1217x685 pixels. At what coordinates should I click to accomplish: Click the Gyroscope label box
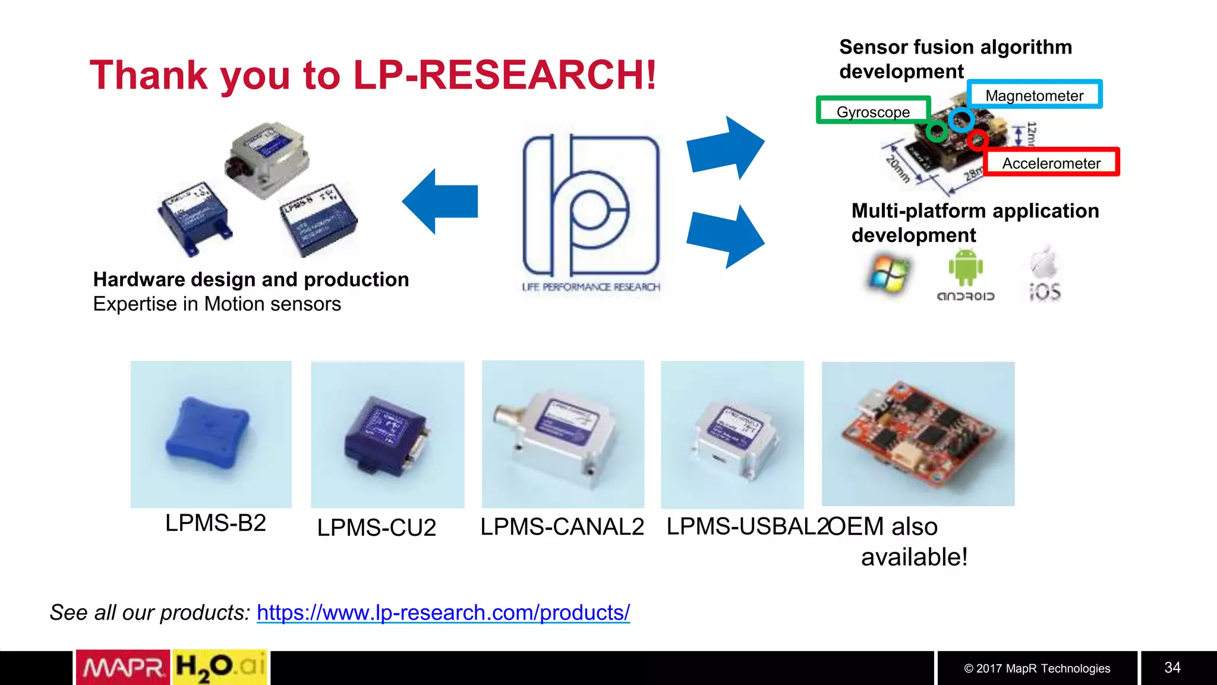[x=873, y=111]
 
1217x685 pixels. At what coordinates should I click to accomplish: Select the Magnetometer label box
[x=1034, y=95]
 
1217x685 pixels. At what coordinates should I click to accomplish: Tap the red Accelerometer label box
[x=1051, y=163]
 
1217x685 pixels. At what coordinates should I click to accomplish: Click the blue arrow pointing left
[x=440, y=202]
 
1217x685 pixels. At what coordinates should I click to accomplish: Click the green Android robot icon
[x=966, y=267]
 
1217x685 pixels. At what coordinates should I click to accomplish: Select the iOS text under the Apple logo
[x=1045, y=293]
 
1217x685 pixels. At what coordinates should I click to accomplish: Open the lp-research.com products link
[x=443, y=612]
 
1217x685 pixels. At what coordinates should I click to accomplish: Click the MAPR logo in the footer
[x=123, y=668]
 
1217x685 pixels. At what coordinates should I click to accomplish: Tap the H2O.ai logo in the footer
[x=220, y=668]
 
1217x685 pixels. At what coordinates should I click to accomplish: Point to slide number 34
[x=1172, y=668]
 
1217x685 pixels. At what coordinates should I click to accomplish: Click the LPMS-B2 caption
[x=215, y=523]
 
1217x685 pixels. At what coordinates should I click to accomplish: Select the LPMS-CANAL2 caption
[x=562, y=527]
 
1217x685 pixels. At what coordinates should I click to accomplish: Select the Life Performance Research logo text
[x=591, y=287]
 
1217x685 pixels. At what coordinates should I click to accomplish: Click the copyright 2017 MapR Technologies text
[x=1037, y=668]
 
